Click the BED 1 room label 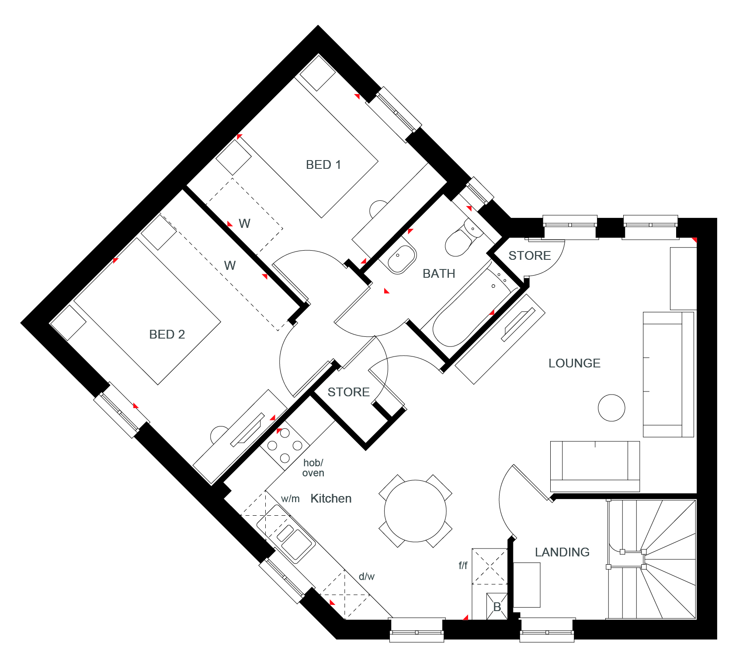(x=323, y=165)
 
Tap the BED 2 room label (x=167, y=335)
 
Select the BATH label (x=439, y=274)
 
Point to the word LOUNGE (x=574, y=363)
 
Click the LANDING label (x=562, y=552)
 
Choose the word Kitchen (x=331, y=499)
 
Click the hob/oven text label (x=313, y=468)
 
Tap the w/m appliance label (x=290, y=499)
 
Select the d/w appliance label (x=367, y=577)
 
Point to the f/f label (x=463, y=566)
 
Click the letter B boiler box (x=497, y=607)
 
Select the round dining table (x=415, y=511)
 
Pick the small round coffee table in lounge (x=611, y=408)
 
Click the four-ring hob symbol (x=285, y=446)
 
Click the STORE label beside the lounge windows (x=530, y=255)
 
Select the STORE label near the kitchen (x=349, y=392)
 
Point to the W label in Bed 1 (x=245, y=224)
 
